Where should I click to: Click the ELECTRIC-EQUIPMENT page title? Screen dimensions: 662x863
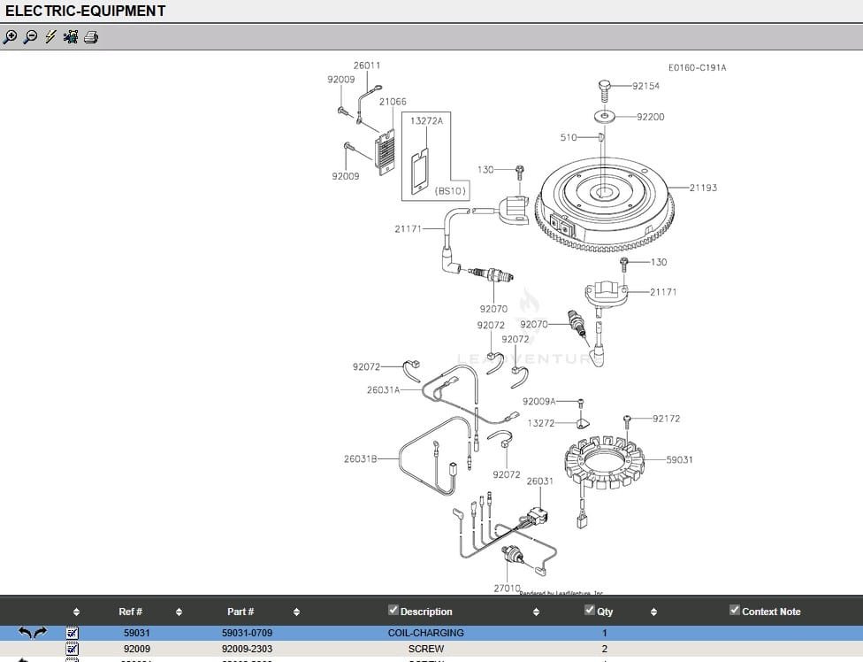point(85,11)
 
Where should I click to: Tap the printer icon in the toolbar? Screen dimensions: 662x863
point(91,37)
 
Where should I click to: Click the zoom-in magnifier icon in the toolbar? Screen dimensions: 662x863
point(10,37)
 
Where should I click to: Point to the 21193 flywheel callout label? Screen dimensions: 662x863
point(703,189)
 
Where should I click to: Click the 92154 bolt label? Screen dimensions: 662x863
point(645,86)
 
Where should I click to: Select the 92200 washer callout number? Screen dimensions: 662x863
point(650,117)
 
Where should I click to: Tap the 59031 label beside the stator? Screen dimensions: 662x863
point(679,460)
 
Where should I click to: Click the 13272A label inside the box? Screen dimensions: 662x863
point(426,121)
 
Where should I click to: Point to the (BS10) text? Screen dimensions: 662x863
point(450,190)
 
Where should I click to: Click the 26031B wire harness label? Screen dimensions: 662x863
point(360,458)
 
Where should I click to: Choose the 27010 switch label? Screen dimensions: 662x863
point(507,588)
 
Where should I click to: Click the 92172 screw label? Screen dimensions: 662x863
point(666,419)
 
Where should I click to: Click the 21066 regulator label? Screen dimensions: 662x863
point(393,102)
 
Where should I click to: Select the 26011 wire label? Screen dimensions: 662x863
point(367,65)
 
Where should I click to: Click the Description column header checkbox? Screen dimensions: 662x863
point(393,610)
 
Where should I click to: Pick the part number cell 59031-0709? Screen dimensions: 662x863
point(247,633)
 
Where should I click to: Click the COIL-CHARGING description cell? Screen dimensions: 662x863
point(425,633)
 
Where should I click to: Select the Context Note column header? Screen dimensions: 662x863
point(770,612)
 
